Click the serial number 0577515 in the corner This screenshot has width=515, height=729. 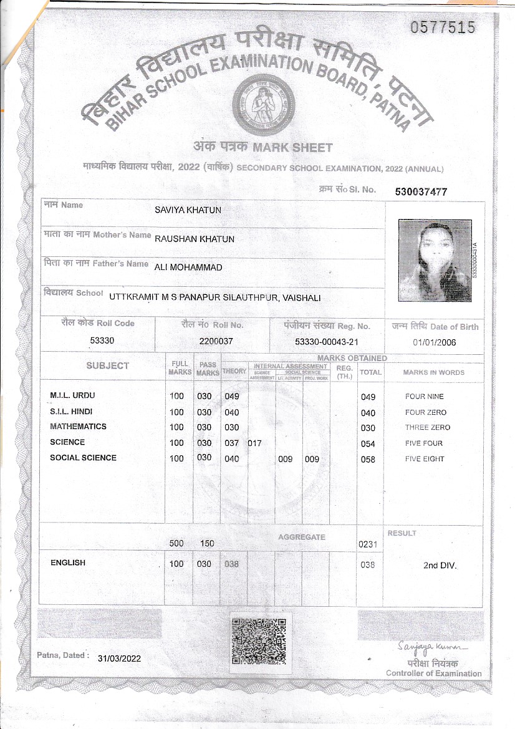tap(443, 27)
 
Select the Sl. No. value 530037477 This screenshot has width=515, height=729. tap(421, 192)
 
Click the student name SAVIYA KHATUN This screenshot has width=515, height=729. tap(188, 210)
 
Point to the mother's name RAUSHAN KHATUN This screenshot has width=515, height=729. tap(195, 238)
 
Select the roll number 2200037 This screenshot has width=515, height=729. tap(216, 341)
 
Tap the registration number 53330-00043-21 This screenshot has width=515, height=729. tap(327, 342)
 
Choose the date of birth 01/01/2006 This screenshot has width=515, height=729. tap(435, 342)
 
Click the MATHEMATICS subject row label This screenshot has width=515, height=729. tap(78, 427)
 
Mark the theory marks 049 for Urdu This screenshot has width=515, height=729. tap(232, 397)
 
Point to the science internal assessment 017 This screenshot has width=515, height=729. tap(254, 443)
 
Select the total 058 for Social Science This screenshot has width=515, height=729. tap(368, 460)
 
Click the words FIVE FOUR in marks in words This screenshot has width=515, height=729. tap(424, 443)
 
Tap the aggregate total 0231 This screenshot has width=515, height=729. tap(368, 544)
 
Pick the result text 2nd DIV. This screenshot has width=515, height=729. tap(440, 566)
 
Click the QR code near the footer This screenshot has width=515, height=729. tap(258, 640)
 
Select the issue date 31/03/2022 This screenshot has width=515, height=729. tap(120, 658)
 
